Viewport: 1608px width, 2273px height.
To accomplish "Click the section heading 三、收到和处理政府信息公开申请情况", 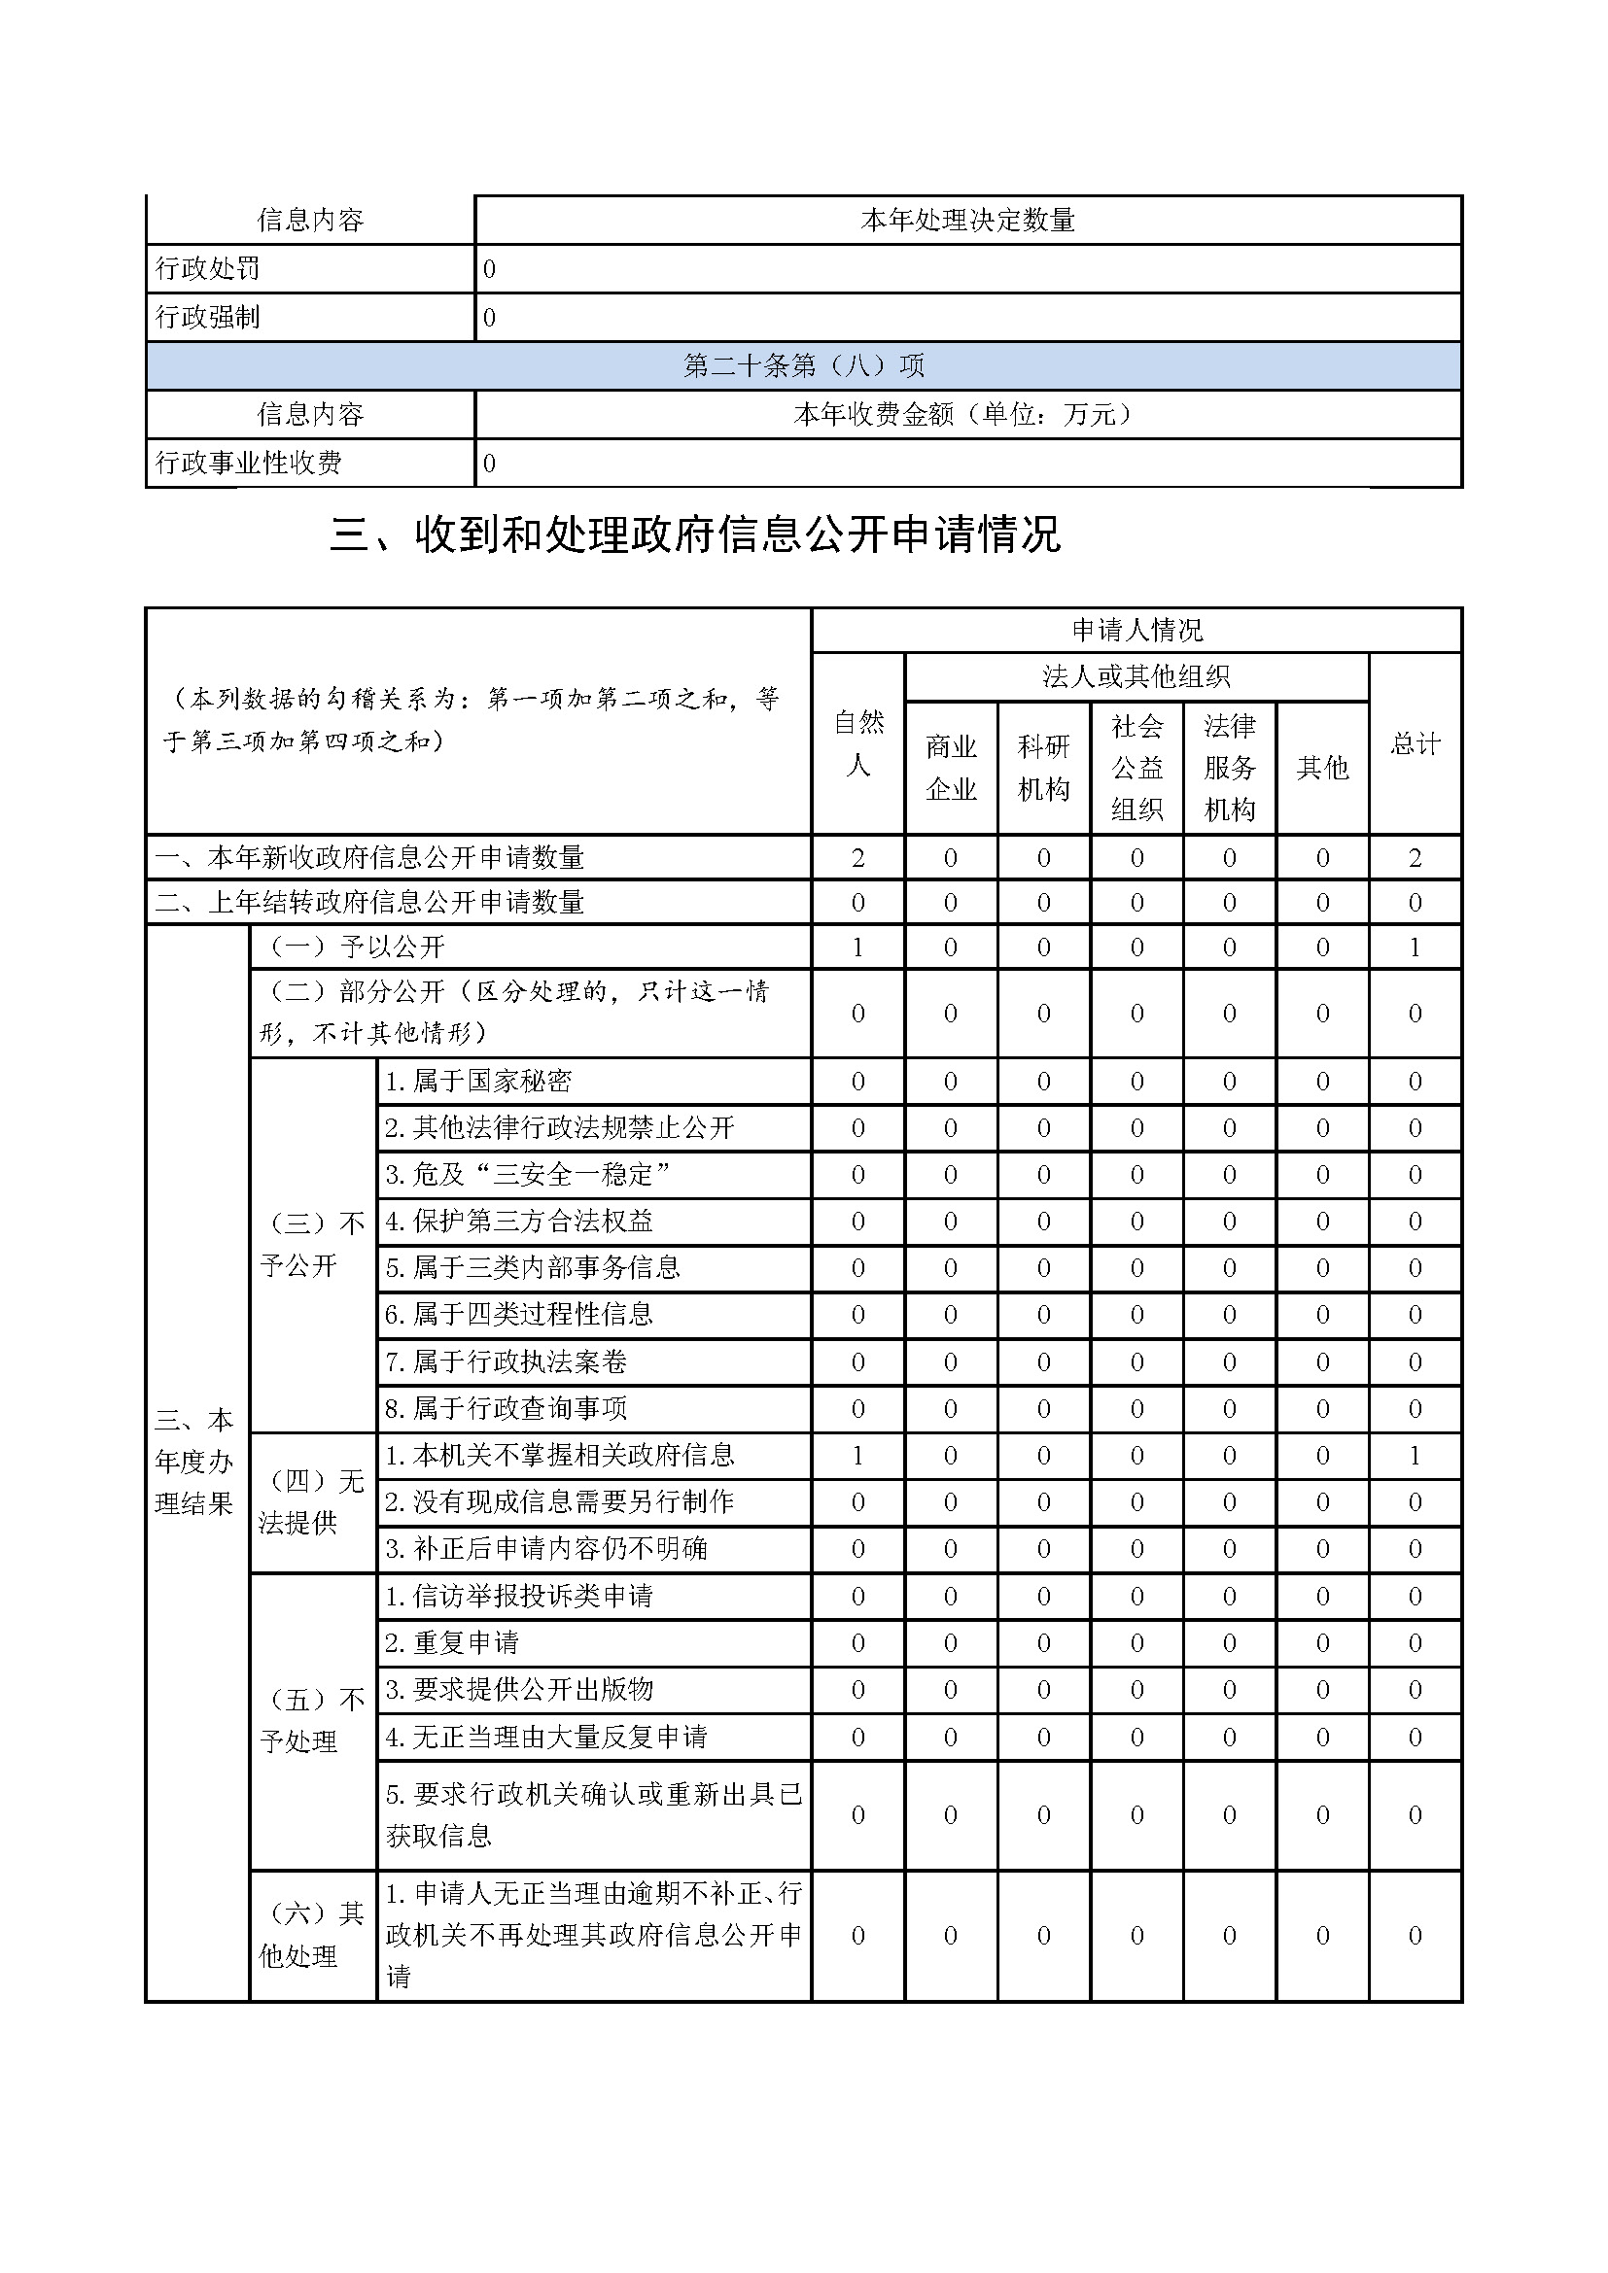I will click(695, 535).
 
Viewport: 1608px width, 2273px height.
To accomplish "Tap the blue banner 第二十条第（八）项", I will click(803, 366).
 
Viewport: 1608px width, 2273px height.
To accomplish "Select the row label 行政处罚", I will click(208, 268).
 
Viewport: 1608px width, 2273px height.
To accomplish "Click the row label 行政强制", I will click(208, 317).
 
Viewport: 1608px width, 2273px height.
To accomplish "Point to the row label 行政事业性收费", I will click(249, 463).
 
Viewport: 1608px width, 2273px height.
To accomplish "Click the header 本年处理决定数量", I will click(967, 220).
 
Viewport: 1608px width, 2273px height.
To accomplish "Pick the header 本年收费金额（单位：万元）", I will click(967, 414).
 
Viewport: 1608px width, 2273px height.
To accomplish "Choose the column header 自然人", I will click(857, 743).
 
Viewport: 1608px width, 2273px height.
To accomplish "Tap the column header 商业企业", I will click(951, 768).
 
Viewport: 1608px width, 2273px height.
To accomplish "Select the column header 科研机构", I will click(1043, 768).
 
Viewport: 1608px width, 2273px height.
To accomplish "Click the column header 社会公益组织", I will click(1136, 768).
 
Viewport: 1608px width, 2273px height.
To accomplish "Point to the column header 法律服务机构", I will click(1229, 768).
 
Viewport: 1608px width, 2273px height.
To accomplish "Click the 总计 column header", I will click(1415, 743).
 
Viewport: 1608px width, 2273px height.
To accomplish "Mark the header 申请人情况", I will click(1136, 630).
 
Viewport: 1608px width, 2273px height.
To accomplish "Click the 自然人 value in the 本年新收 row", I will click(857, 857).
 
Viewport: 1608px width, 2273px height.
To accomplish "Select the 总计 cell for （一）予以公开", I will click(1415, 947).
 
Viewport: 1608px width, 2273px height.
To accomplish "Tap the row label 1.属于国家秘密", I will click(478, 1081).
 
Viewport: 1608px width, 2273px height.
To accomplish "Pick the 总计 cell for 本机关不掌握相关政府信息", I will click(1415, 1456).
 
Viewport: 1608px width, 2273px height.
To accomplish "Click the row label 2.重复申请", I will click(451, 1642).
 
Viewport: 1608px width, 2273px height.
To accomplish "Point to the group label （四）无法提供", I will click(312, 1501).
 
